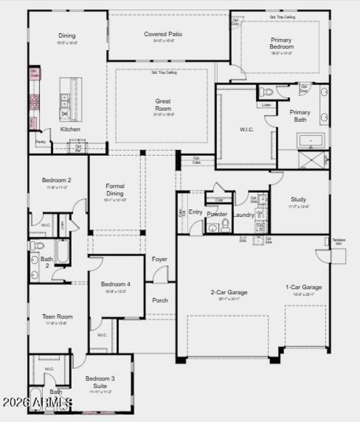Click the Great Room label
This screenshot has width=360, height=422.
tap(163, 105)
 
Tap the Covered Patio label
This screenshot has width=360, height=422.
tap(163, 34)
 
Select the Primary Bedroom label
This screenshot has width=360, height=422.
tap(282, 43)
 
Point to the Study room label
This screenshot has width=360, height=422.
tap(298, 199)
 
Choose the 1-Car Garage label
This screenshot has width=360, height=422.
tap(303, 287)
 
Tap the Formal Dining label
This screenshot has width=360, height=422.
tap(115, 189)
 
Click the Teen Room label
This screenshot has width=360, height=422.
tap(57, 317)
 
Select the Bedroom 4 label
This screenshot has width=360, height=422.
tap(116, 284)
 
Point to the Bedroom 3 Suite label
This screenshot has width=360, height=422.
tap(100, 382)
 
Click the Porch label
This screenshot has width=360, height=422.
tap(160, 301)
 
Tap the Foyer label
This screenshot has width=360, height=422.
tap(159, 260)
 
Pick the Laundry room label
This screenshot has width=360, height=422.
tap(244, 215)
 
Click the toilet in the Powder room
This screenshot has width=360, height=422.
tap(225, 225)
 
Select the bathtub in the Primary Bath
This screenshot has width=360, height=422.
tap(310, 141)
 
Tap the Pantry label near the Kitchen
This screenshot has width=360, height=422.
tap(40, 141)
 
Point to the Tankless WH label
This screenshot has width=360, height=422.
tap(338, 242)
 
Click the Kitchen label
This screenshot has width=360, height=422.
tap(70, 130)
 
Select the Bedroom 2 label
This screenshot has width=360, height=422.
tap(57, 180)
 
